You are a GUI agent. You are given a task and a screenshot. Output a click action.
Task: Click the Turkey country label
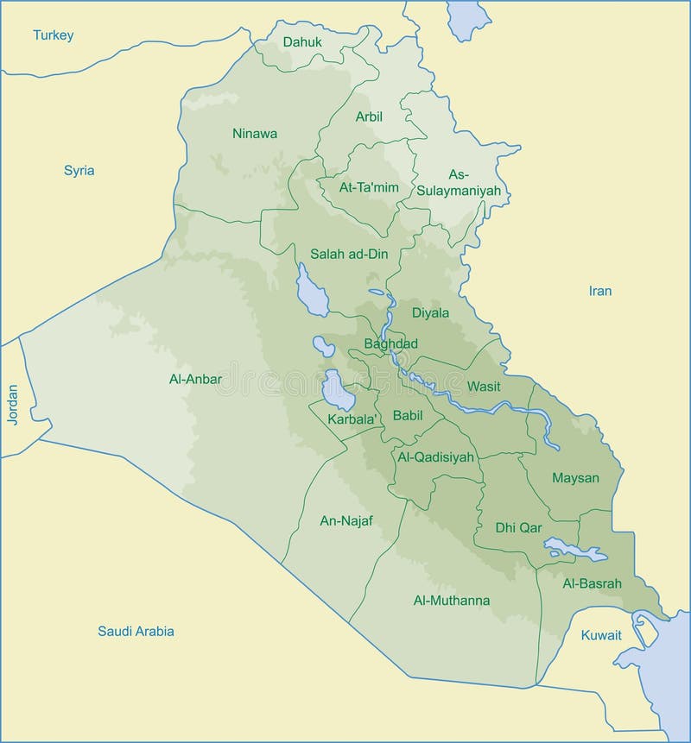tap(54, 35)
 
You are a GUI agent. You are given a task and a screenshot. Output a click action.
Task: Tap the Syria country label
tap(79, 170)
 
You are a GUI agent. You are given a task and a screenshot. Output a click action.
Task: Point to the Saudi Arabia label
tap(136, 631)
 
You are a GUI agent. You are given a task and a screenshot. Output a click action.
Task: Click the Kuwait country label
tap(601, 635)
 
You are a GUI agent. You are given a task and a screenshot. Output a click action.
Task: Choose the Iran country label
tap(600, 291)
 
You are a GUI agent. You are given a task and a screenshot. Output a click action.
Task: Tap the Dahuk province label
tap(302, 41)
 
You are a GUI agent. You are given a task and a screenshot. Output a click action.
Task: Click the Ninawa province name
tap(255, 133)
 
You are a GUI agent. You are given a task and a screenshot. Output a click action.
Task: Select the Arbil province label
tap(369, 116)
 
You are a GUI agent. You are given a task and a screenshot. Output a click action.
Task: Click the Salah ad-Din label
tap(350, 254)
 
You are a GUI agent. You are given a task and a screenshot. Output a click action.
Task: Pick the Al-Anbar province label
tap(196, 378)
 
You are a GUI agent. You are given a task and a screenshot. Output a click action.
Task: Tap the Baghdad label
tap(391, 343)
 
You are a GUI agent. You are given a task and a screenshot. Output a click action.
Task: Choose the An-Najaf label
tap(346, 520)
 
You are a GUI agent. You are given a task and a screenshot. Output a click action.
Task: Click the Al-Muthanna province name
tap(452, 600)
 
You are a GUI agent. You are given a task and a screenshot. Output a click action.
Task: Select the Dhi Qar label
tap(518, 527)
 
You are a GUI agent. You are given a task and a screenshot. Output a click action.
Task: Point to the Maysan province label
tap(576, 477)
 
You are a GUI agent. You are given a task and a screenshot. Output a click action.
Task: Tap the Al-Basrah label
tap(593, 582)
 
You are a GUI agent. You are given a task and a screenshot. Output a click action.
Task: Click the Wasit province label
tap(484, 386)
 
